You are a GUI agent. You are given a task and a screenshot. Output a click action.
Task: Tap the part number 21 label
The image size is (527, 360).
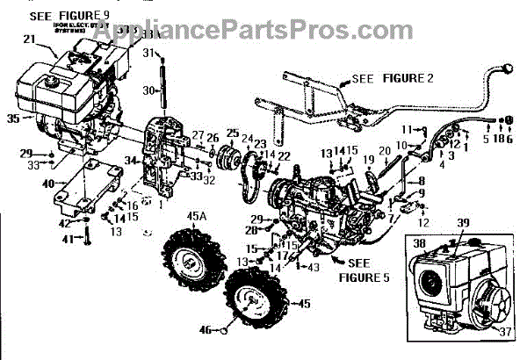28,40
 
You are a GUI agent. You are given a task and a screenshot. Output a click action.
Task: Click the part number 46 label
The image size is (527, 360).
205,332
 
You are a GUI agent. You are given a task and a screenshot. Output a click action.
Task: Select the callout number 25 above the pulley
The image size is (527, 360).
232,133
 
